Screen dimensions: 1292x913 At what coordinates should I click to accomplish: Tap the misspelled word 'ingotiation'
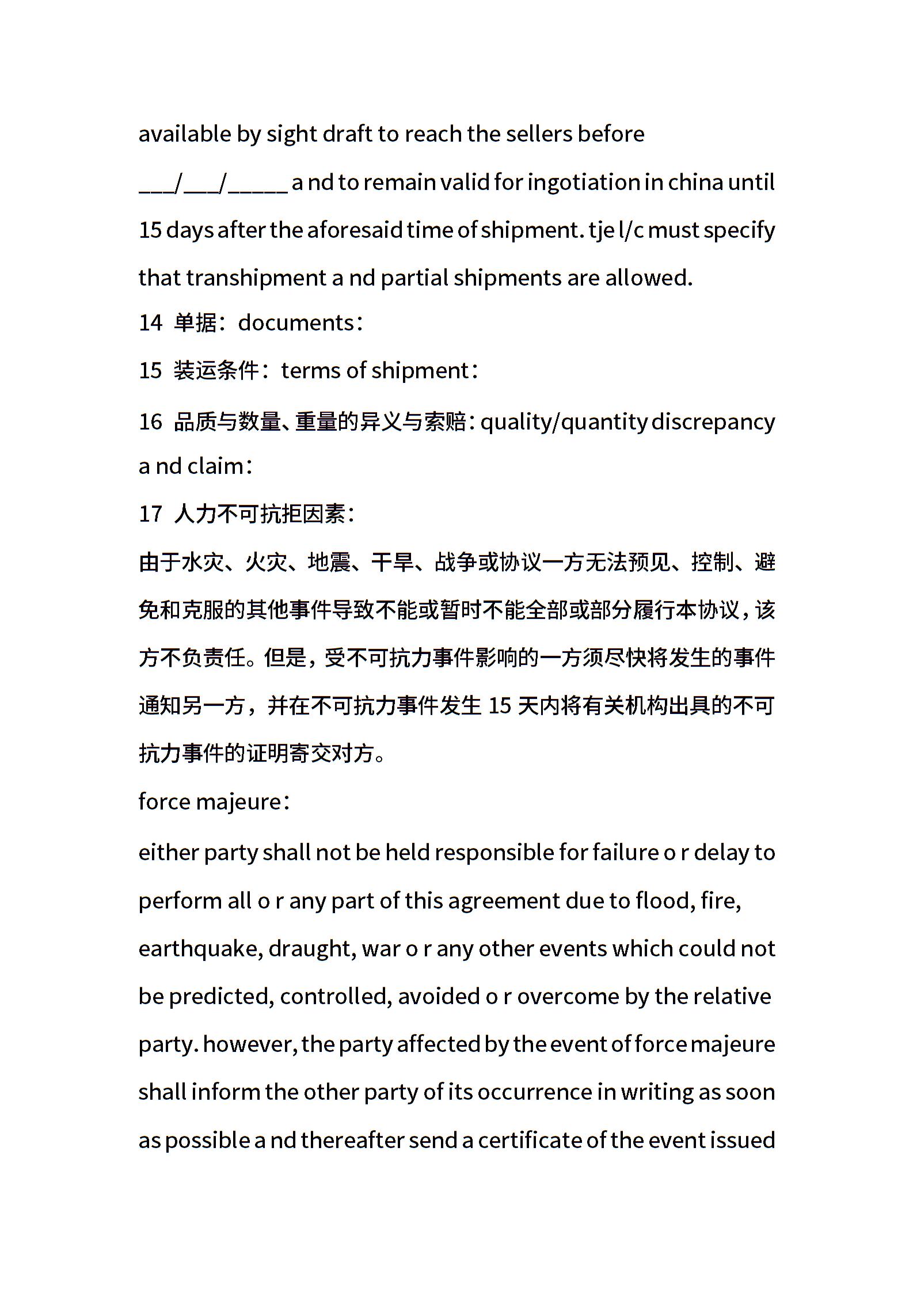(x=581, y=183)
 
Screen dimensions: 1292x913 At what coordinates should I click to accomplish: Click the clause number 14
(x=150, y=322)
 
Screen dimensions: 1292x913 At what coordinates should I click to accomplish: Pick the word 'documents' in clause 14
(x=295, y=322)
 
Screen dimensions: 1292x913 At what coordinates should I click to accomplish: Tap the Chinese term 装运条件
(x=216, y=370)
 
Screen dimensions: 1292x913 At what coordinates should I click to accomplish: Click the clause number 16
(x=150, y=421)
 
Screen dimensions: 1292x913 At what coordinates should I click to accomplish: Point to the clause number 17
(x=150, y=514)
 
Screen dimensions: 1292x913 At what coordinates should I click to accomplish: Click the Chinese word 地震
(x=329, y=562)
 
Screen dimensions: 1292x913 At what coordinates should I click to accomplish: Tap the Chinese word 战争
(x=456, y=562)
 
